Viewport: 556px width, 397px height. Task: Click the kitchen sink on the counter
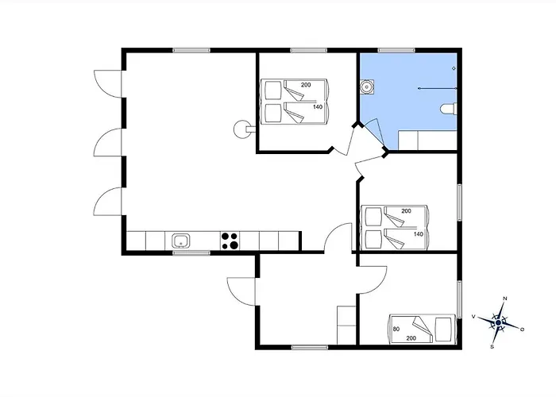point(181,241)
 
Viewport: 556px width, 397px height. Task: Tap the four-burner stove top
point(230,241)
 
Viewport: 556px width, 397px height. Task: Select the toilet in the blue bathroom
point(449,109)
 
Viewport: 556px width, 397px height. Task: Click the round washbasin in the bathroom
point(367,86)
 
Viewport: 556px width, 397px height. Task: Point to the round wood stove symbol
point(241,129)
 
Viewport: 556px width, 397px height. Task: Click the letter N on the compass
point(505,299)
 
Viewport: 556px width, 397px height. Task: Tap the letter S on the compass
point(492,347)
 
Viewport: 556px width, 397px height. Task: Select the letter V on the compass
point(473,317)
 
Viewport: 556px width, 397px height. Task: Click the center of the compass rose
point(499,322)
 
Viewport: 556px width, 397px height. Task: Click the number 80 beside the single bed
point(396,329)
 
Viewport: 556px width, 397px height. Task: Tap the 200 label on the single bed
point(411,338)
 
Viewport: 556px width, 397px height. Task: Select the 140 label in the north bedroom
point(318,106)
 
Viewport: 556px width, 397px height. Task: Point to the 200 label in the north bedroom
point(306,85)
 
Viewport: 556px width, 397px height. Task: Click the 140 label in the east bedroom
point(419,234)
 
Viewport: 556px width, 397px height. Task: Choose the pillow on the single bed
point(442,330)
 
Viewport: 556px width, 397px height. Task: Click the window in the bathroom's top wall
point(396,50)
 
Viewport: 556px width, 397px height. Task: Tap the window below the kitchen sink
point(191,252)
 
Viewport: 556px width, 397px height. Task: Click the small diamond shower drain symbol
point(454,68)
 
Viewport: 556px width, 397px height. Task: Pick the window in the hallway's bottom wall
point(310,348)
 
